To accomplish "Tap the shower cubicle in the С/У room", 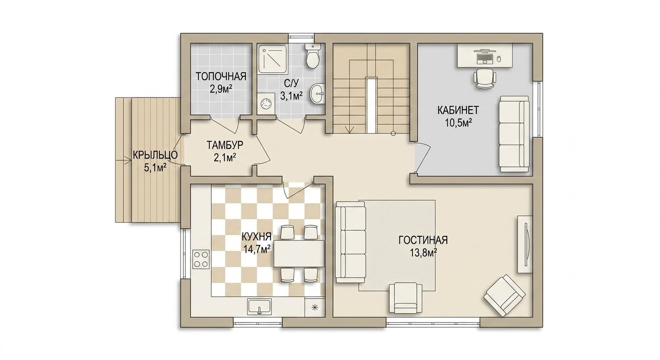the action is (x=272, y=59).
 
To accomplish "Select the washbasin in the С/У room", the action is (x=317, y=93).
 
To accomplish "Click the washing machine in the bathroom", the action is (x=266, y=103).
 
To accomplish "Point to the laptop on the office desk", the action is (x=485, y=57).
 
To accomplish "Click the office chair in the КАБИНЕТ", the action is (x=485, y=78).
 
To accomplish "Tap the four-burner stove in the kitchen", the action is (x=201, y=259).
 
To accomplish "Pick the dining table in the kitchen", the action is (x=299, y=253).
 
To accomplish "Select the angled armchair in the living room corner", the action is (x=505, y=295).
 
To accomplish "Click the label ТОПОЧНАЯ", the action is (x=221, y=76).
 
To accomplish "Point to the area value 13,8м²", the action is (x=423, y=253).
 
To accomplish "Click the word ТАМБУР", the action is (x=225, y=145).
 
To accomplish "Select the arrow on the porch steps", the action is (x=123, y=161).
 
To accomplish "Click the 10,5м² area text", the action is (x=457, y=122).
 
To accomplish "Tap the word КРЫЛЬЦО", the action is (x=155, y=155).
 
